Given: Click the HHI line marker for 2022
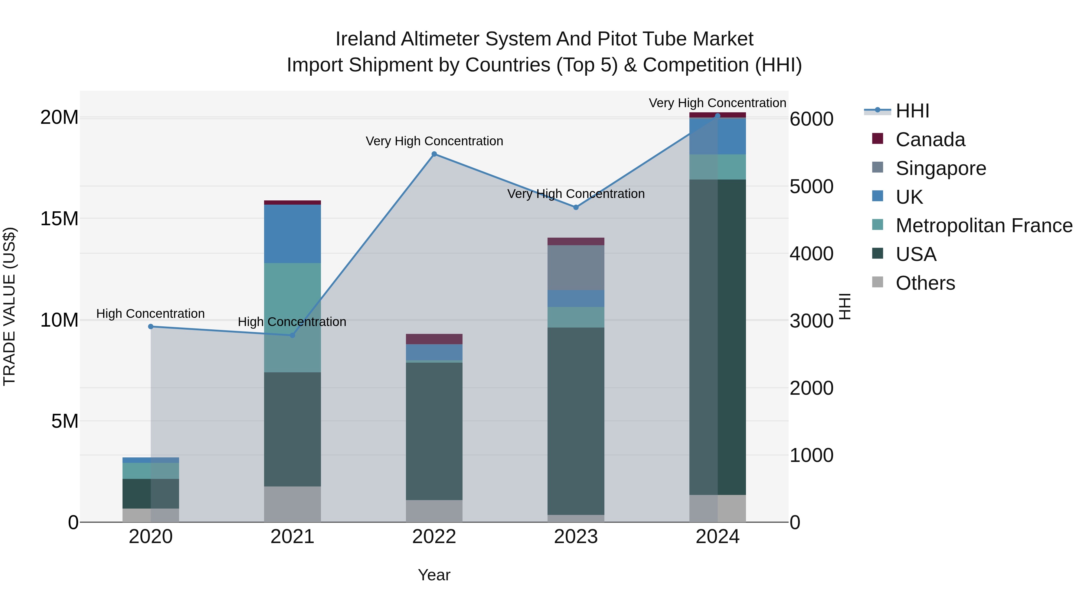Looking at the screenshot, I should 434,154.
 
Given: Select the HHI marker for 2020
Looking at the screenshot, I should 151,327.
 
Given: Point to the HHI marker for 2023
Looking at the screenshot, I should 576,207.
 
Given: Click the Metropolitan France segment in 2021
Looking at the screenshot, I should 293,317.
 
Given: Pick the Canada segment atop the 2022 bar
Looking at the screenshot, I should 434,339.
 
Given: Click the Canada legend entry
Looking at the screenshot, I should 930,140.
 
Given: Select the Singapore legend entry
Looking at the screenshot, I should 940,168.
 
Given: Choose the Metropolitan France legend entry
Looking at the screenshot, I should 984,226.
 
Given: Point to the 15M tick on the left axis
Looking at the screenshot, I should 59,219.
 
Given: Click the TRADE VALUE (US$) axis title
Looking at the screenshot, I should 9,306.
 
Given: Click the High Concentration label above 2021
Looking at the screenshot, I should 292,322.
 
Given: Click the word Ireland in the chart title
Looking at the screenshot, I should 366,39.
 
